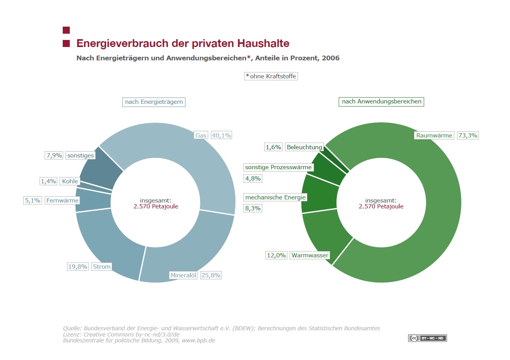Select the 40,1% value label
221,136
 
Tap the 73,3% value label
468,136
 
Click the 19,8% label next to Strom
78,266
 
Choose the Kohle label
70,181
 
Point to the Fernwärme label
62,200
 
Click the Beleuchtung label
305,147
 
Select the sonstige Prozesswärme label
278,167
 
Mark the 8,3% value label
253,208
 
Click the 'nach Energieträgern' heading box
154,102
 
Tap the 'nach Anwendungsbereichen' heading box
381,101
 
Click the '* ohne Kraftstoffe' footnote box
271,76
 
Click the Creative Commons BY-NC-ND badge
427,338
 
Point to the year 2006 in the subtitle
330,58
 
